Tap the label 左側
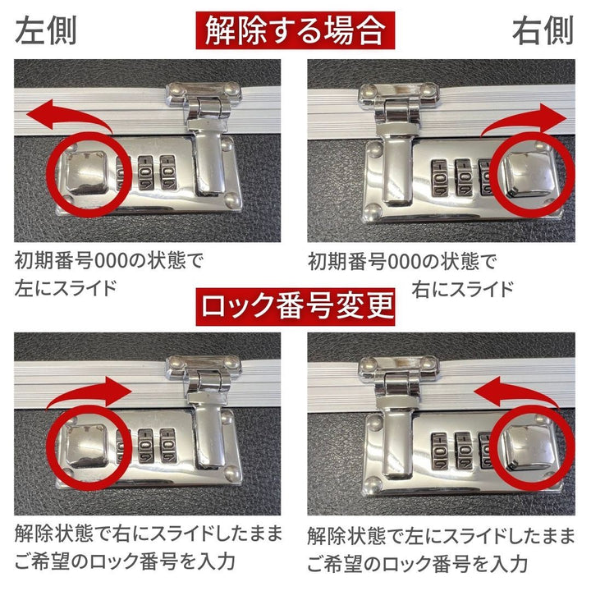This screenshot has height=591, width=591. point(46,31)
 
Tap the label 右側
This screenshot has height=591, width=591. point(543,31)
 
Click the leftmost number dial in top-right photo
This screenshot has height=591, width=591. point(439,176)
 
